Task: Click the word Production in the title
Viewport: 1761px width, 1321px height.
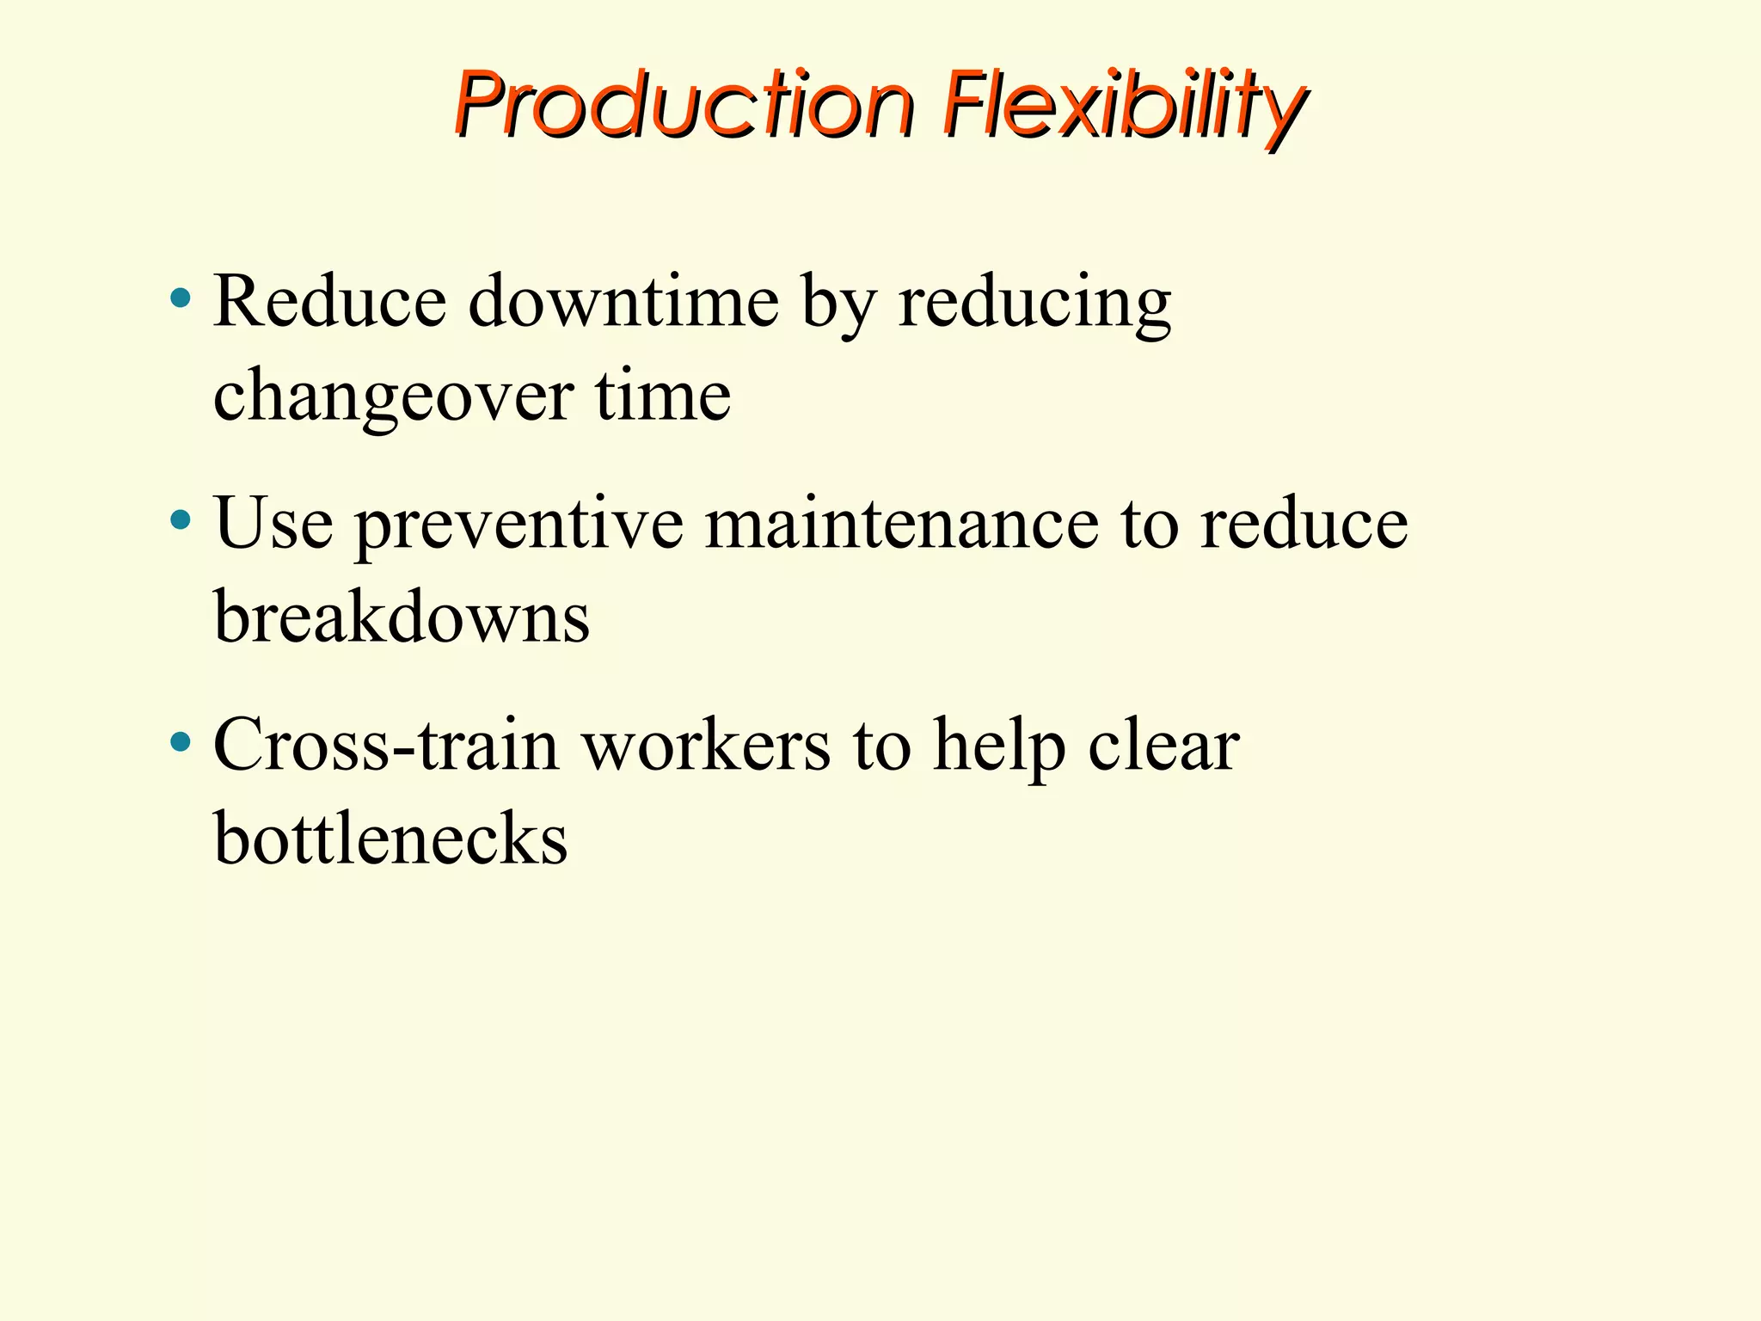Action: coord(683,105)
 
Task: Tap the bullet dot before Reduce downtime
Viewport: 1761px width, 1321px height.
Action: coord(181,299)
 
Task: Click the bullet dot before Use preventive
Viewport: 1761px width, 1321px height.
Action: coord(181,520)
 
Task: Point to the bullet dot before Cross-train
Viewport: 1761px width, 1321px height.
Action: coord(181,742)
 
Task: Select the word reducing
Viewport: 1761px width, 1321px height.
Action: coord(1034,303)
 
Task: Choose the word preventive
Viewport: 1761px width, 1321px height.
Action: coord(519,525)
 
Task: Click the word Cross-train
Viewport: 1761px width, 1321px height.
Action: coord(386,745)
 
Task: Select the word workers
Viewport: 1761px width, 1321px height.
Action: coord(707,745)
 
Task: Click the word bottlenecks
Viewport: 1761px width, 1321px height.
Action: coord(390,838)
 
